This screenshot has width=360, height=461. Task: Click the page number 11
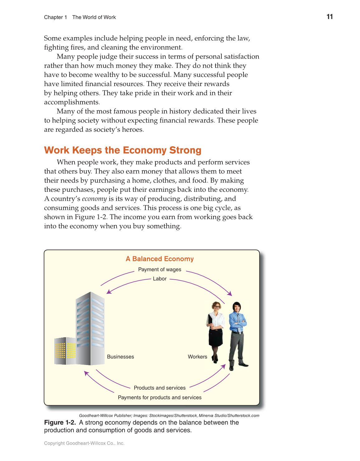tap(330, 17)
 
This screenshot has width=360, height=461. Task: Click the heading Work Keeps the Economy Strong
tap(123, 150)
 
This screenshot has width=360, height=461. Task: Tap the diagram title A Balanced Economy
tap(160, 259)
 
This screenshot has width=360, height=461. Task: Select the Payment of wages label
tap(160, 270)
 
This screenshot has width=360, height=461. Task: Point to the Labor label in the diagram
tap(160, 279)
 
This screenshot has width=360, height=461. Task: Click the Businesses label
tap(121, 357)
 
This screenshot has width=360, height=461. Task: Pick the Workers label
tap(197, 357)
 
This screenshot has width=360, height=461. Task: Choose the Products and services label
tap(160, 388)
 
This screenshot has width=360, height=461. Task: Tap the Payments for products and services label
tap(160, 398)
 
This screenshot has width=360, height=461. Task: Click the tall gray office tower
tap(90, 327)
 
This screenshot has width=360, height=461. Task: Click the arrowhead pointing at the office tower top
tap(109, 292)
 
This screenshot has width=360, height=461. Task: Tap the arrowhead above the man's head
tap(230, 294)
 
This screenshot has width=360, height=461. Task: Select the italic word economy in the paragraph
tap(94, 199)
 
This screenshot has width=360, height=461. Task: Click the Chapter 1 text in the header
tap(55, 17)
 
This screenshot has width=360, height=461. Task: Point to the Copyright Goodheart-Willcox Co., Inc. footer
tap(84, 443)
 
